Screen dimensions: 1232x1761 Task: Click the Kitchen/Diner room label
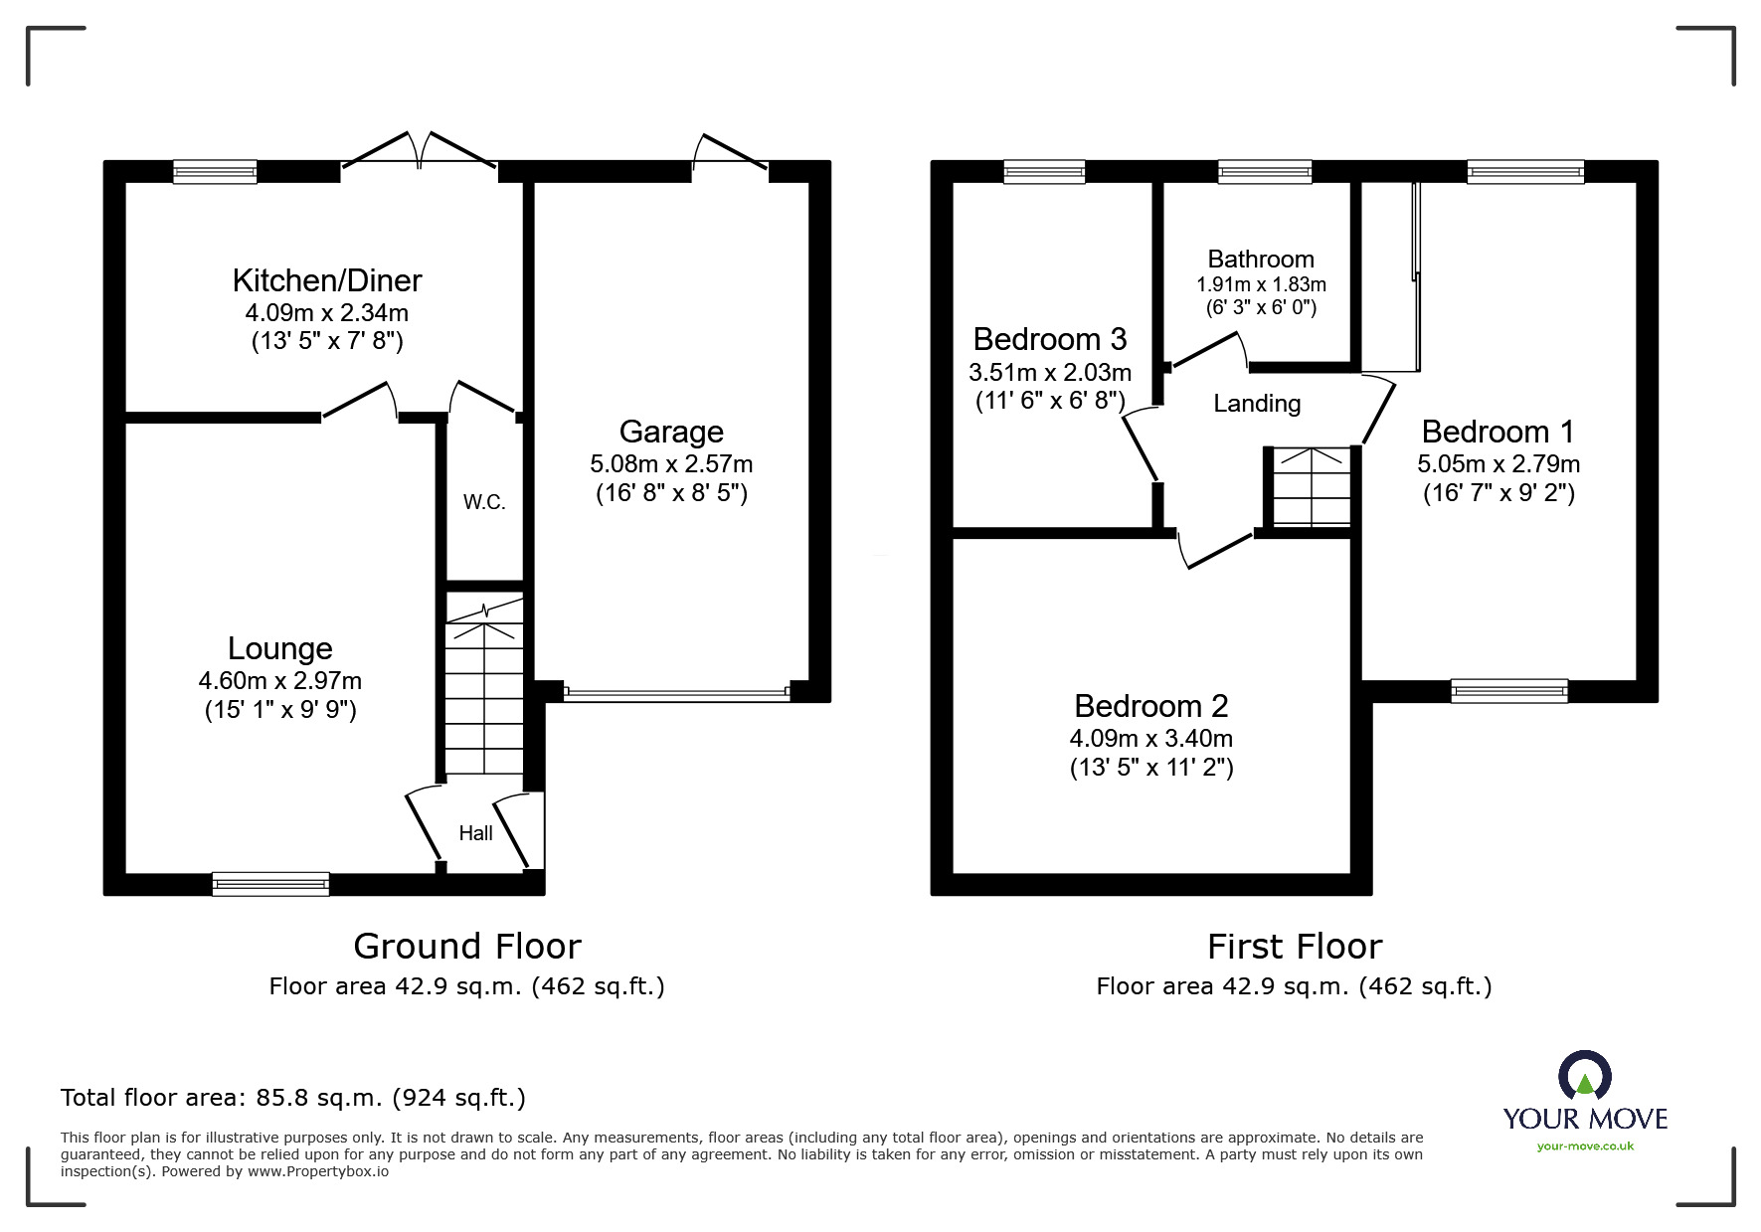[x=327, y=280]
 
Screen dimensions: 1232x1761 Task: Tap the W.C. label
[x=484, y=502]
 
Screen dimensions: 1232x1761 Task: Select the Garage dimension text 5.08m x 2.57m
[x=671, y=463]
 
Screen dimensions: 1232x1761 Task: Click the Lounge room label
[x=279, y=648]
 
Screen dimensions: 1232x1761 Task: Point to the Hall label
[x=475, y=833]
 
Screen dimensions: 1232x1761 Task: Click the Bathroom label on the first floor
[x=1261, y=260]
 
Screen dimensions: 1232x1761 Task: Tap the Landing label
[x=1257, y=403]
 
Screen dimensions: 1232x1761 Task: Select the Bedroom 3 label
[x=1050, y=339]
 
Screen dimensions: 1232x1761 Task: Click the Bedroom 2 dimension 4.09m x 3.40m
[x=1151, y=739]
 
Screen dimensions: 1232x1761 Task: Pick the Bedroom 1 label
[x=1497, y=432]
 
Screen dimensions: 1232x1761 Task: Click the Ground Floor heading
[x=467, y=946]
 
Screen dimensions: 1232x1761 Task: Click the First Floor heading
[x=1295, y=946]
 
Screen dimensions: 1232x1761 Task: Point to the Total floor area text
[x=293, y=1098]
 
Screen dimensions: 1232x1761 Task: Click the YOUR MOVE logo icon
[x=1584, y=1076]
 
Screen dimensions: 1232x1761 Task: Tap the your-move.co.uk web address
[x=1585, y=1146]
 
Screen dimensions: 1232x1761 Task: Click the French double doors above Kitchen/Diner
[x=419, y=154]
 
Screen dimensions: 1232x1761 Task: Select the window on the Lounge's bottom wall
[x=270, y=883]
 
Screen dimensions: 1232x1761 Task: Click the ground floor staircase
[x=483, y=686]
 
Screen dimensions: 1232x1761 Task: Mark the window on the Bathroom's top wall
[x=1265, y=172]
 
